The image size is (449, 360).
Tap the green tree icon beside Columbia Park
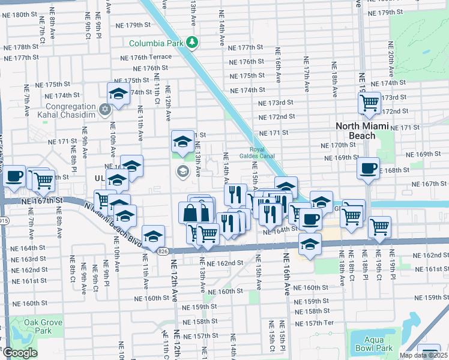pyautogui.click(x=192, y=43)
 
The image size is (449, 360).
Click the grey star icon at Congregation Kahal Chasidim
pyautogui.click(x=105, y=109)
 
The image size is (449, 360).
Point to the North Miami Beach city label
pyautogui.click(x=364, y=130)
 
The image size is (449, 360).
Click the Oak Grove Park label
pyautogui.click(x=43, y=326)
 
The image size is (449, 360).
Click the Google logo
pyautogui.click(x=20, y=353)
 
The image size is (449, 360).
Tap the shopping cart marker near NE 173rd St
pyautogui.click(x=369, y=103)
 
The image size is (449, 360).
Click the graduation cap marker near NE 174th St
pyautogui.click(x=118, y=94)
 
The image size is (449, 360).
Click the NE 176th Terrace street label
pyautogui.click(x=146, y=58)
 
